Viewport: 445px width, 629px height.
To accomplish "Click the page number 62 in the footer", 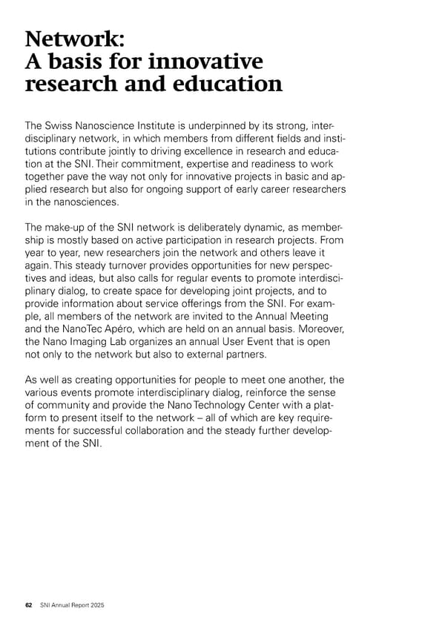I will coord(28,606).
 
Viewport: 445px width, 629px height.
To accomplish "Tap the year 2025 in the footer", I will coord(96,606).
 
